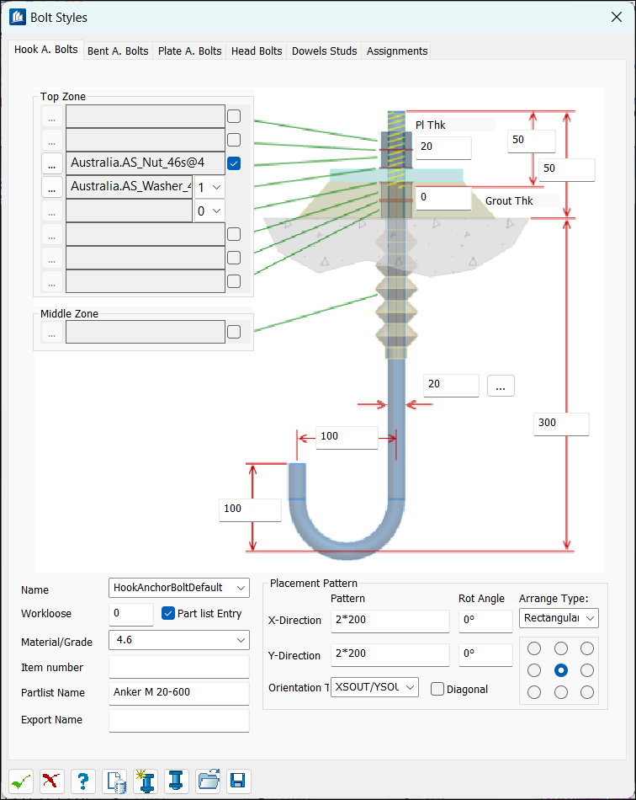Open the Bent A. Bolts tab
118,51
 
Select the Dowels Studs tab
324,51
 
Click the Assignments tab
397,51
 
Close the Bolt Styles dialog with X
616,17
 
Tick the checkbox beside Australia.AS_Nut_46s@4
234,163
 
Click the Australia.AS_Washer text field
130,187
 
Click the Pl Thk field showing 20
443,147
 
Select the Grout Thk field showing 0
443,198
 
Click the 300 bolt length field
561,424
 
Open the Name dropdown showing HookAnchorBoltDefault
179,588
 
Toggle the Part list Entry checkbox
168,613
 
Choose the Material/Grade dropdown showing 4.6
179,640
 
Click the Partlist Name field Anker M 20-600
179,693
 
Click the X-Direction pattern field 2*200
390,621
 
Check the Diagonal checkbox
437,690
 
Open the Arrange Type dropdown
559,618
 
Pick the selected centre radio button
560,670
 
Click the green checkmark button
21,781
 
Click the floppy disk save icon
238,781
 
